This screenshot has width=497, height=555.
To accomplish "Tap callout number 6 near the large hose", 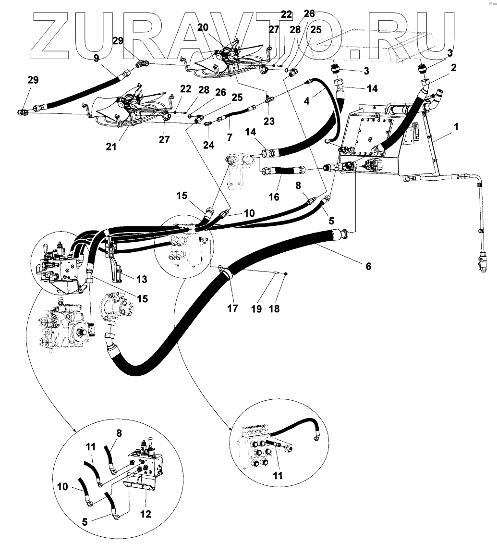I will pos(368,266).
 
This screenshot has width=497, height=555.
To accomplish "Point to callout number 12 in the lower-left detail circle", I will pos(145,514).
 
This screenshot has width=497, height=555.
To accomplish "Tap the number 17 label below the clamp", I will pos(232,308).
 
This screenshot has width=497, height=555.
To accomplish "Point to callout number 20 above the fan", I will pos(203,27).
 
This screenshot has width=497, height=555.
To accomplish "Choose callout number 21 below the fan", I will pos(111,147).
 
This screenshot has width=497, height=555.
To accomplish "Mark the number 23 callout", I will pos(269,122).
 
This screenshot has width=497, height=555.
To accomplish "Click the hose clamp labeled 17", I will pos(226,275).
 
